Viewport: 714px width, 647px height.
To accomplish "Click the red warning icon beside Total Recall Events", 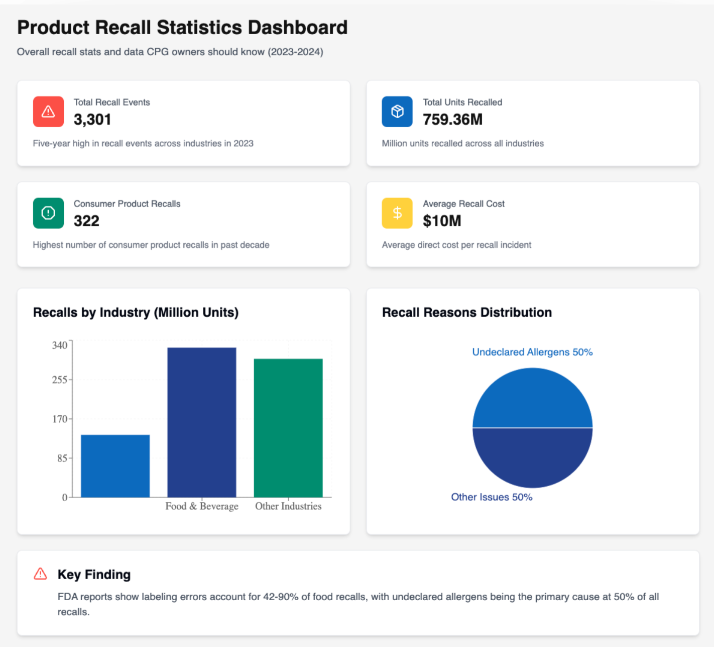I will tap(48, 112).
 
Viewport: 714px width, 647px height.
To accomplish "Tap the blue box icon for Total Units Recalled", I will tap(397, 112).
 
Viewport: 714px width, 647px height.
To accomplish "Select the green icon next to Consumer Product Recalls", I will tap(48, 213).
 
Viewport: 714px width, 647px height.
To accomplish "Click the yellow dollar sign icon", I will tap(397, 213).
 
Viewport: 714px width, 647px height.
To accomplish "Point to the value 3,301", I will tap(92, 120).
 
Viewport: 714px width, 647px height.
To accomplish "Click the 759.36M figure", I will tap(452, 120).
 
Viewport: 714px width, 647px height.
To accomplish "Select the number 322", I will tap(86, 221).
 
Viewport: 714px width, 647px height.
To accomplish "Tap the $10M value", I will tap(442, 221).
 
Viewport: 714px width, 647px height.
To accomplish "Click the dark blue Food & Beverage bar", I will tap(202, 422).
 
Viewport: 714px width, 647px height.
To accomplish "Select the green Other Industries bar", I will tap(288, 428).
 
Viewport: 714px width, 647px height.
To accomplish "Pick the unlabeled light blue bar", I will tap(115, 466).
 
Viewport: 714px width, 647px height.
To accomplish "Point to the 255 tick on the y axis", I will tap(60, 380).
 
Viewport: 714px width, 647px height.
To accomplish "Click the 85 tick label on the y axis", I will tap(62, 458).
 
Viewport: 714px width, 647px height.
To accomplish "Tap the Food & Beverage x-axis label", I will tap(202, 506).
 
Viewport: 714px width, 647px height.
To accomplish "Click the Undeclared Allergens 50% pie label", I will tap(532, 352).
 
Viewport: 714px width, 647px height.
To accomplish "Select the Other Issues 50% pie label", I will tap(492, 497).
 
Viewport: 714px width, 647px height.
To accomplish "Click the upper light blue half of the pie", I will tap(532, 400).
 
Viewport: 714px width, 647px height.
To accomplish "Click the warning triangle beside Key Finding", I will tap(40, 574).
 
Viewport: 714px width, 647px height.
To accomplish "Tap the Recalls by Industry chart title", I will tap(136, 313).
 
